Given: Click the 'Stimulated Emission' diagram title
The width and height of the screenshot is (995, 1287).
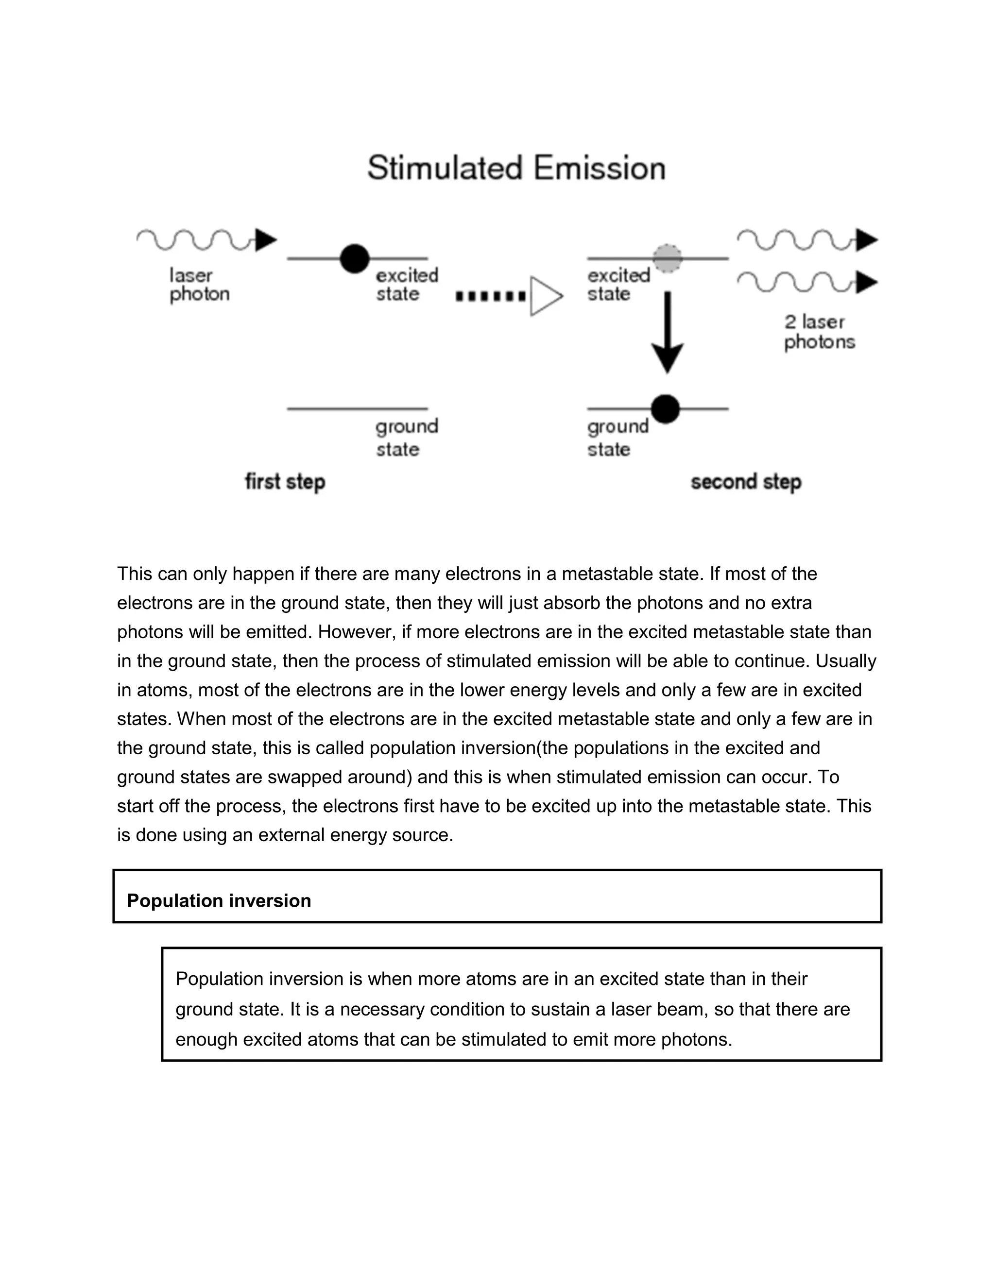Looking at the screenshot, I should (516, 168).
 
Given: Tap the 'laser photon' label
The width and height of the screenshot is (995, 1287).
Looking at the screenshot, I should (199, 285).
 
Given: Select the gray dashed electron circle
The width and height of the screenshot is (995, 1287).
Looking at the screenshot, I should (667, 258).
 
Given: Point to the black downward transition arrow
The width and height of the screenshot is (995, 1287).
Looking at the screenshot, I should (667, 333).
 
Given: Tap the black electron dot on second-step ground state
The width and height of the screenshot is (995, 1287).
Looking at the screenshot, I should (666, 409).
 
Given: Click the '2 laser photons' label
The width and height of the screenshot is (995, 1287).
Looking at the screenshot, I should (819, 332).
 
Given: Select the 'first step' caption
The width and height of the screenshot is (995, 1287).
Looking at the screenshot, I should (285, 482).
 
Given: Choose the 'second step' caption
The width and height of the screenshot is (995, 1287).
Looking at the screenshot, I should (746, 482).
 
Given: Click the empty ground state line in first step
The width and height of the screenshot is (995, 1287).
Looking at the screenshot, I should (357, 408).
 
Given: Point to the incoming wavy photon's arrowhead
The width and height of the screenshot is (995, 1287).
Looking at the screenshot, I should (266, 240).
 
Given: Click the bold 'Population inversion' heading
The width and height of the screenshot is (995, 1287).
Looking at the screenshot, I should (219, 900).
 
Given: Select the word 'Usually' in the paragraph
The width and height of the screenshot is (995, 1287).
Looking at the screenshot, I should (846, 661).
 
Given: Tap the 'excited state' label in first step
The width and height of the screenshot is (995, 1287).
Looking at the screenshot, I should (407, 285).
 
